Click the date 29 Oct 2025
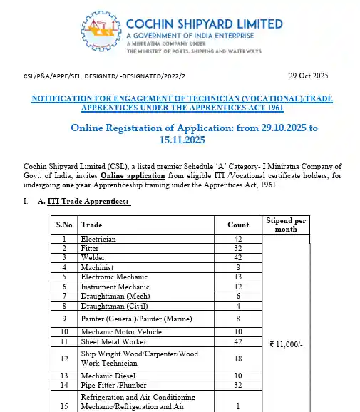point(309,76)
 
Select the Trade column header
point(91,225)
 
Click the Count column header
point(238,225)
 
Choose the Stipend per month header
point(285,225)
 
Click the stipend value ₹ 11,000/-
point(287,344)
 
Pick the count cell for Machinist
point(238,267)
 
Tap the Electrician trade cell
point(98,239)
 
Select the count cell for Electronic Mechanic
point(238,276)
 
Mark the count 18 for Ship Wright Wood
point(238,359)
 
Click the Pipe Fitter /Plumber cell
point(108,384)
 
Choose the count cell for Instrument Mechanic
point(238,285)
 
